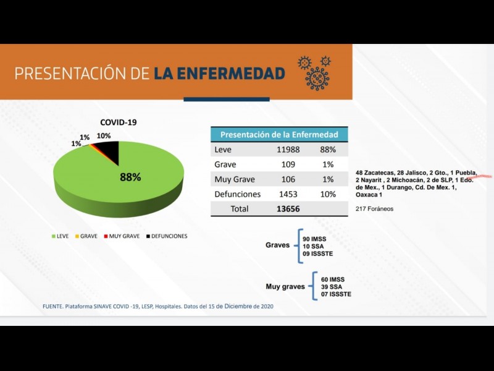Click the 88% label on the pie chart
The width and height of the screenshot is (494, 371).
coord(130,177)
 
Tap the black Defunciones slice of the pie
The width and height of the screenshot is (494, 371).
coord(109,149)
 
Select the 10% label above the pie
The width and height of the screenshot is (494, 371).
coord(104,135)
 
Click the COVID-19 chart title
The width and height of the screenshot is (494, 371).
coord(119,122)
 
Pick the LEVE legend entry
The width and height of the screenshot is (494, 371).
coord(60,236)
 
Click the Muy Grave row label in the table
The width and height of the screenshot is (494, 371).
coord(233,179)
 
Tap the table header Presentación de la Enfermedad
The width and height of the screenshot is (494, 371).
coord(279,134)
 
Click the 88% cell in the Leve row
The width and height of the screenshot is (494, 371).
coord(327,150)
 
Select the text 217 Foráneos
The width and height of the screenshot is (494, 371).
coord(375,209)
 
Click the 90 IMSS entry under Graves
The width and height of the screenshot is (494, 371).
coord(315,238)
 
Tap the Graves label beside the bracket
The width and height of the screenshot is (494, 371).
coord(277,245)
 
